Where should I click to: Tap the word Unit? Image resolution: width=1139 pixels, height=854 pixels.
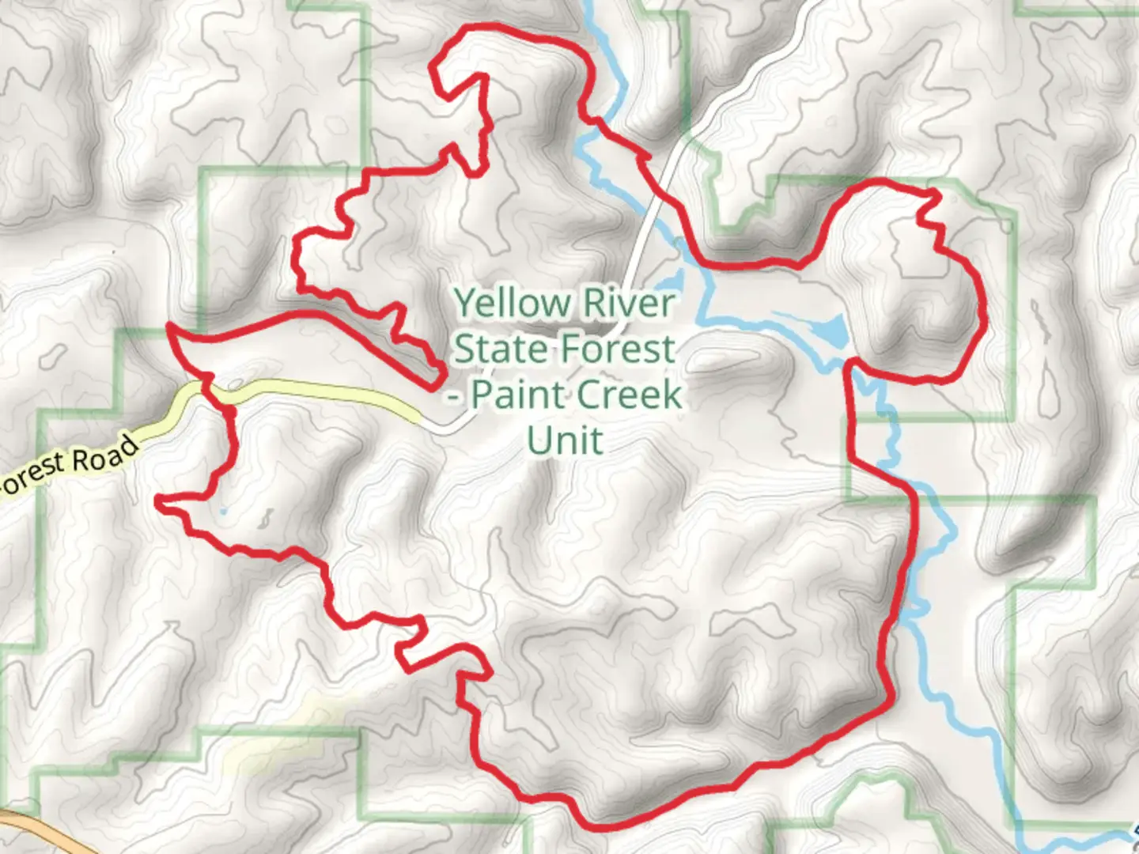click(x=565, y=440)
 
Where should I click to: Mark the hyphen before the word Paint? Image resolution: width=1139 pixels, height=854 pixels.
click(x=453, y=395)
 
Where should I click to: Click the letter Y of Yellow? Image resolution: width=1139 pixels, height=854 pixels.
click(x=466, y=303)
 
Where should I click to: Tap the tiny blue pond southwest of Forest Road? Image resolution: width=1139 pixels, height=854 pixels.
click(x=224, y=512)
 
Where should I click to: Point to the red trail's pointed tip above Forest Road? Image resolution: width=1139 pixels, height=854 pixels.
click(x=171, y=326)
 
